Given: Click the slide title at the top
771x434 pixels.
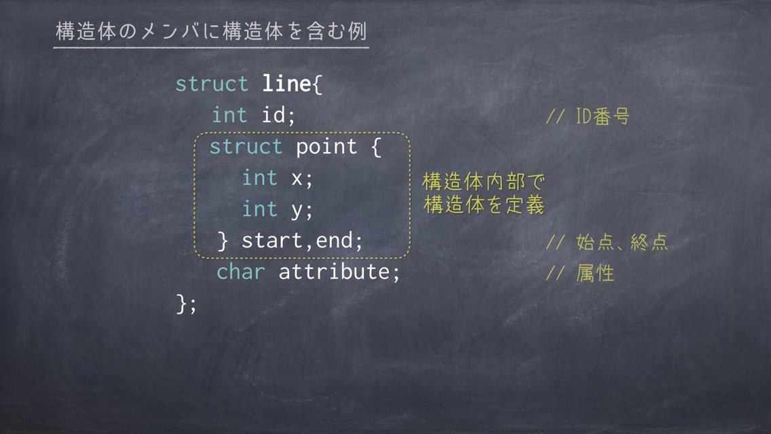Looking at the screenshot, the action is coord(211,31).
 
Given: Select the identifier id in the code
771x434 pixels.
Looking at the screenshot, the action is coord(274,115).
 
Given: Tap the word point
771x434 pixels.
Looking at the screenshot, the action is coord(326,147).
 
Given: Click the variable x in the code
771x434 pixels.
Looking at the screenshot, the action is coord(297,178).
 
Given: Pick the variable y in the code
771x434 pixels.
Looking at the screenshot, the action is coord(297,211).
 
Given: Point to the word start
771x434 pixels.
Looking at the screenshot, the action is coord(272,240).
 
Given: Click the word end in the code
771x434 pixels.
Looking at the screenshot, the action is coord(335,240).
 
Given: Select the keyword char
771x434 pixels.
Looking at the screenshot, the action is coord(241,272).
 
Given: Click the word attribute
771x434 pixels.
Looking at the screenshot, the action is coord(335,272).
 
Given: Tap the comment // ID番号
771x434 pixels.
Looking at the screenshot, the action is coord(588,117).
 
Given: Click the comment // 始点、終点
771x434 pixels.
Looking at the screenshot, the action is coord(607,242).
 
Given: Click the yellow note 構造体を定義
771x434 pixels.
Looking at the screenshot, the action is coord(484,204).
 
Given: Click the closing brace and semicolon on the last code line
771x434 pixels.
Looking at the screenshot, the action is coord(187,304).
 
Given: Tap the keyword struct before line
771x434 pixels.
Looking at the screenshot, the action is coord(212,84).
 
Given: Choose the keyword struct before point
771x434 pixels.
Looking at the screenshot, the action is coord(246,147).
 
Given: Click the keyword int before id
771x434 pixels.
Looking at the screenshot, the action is coord(229,115).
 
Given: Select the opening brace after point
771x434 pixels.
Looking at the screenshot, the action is coord(376,147).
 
